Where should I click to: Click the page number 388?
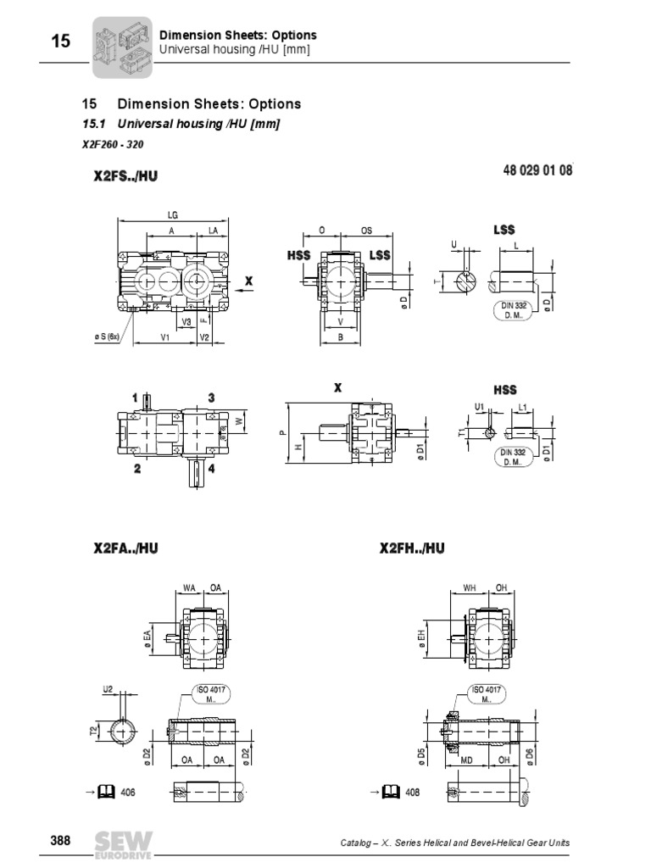60,841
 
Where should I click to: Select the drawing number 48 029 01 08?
538,170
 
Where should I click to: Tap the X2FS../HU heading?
125,176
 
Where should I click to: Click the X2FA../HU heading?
125,549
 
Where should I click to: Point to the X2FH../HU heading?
412,549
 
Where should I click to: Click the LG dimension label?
173,215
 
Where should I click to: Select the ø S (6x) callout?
110,337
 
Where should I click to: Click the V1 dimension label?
166,337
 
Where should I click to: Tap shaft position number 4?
210,468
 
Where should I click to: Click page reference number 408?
411,792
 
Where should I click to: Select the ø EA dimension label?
147,636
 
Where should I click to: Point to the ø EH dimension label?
421,636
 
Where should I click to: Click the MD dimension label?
465,759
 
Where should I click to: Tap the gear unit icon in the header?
121,46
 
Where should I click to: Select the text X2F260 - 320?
106,143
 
